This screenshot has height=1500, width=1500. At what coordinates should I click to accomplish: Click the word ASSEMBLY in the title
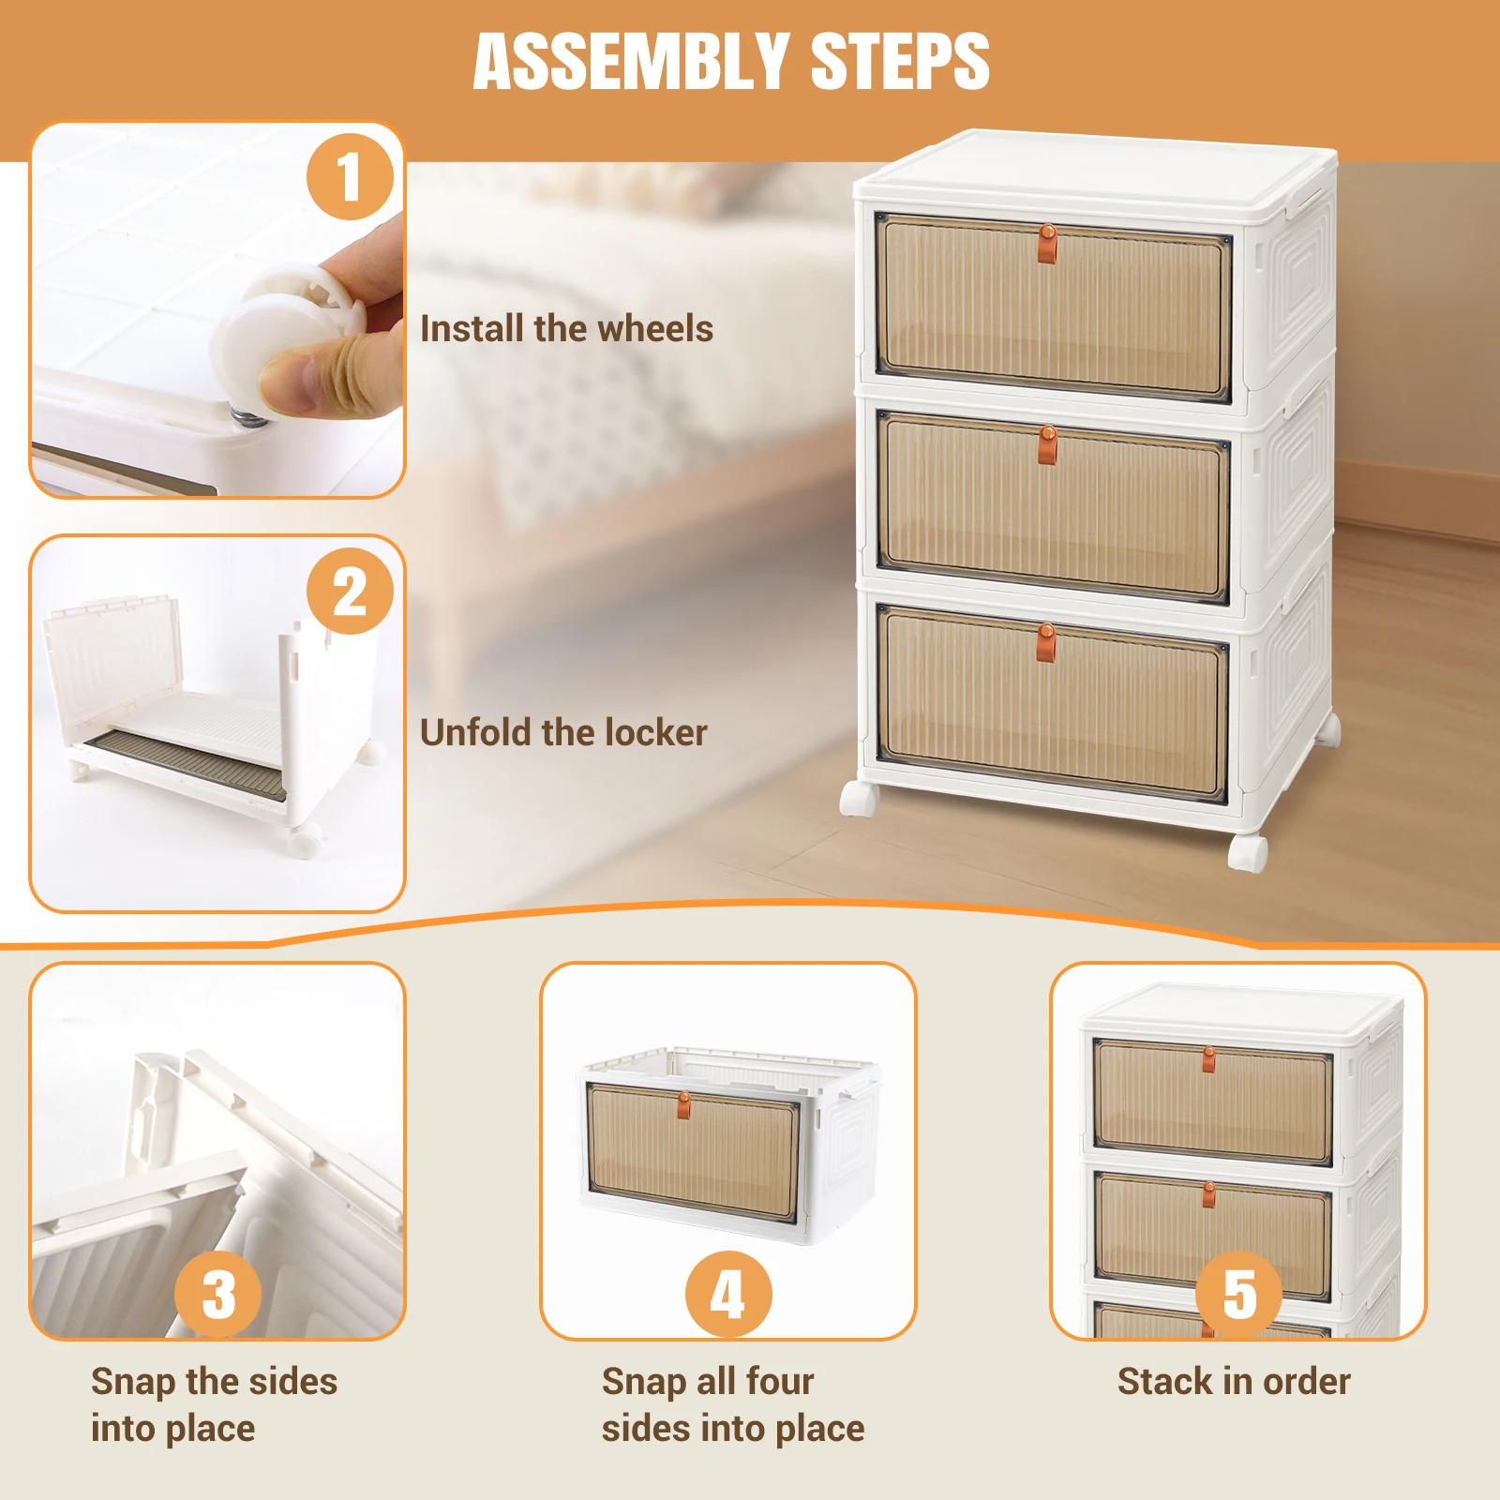tap(632, 62)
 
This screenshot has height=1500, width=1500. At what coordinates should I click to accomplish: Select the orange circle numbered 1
tap(350, 176)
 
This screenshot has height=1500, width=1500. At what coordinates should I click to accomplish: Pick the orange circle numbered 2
tap(350, 592)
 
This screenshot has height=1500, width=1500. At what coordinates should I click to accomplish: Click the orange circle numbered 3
tap(218, 1295)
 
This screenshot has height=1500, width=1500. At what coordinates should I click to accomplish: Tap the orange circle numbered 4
tap(728, 1295)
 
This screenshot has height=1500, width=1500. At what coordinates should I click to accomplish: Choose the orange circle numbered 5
tap(1238, 1295)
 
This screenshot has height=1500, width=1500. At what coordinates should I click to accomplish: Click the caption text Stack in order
tap(1234, 1381)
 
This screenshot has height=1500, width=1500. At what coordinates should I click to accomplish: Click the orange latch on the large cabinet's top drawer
tap(1047, 244)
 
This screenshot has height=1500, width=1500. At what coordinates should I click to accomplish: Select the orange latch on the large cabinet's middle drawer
tap(1047, 444)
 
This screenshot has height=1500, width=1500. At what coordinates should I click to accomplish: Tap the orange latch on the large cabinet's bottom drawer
tap(1047, 642)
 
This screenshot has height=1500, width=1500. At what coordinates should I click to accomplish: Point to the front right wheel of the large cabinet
tap(1248, 854)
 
